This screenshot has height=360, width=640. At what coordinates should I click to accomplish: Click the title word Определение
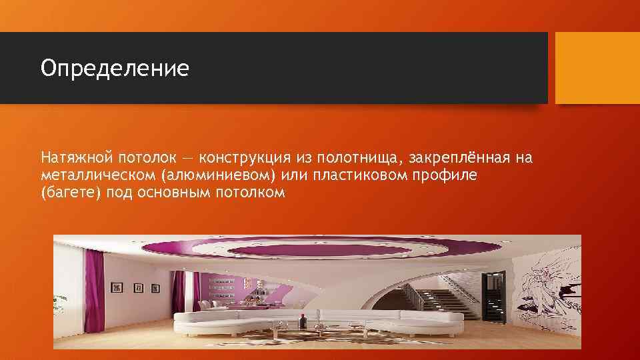(115, 68)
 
